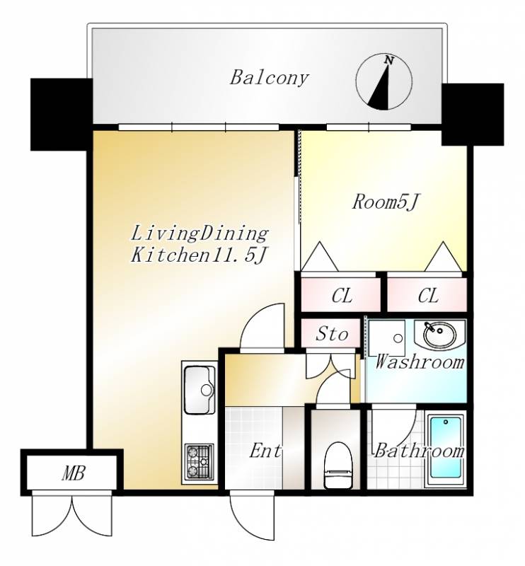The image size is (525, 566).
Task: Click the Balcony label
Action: pos(270,78)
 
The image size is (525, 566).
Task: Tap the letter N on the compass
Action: pos(388,60)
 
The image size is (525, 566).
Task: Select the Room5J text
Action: pos(385,202)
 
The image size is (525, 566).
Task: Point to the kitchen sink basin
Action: pos(199,390)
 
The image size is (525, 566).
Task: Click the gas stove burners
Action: pos(199,461)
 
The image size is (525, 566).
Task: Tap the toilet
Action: pos(337,465)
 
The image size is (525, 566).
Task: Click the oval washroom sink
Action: pos(439,335)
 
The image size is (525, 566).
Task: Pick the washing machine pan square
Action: pos(386,338)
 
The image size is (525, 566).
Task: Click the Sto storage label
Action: pos(332,334)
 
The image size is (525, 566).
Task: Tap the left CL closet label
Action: pos(342,296)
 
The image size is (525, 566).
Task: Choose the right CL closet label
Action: pos(428,296)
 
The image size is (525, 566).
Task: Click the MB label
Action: pos(74,473)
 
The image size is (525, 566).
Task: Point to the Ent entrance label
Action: pos(265,451)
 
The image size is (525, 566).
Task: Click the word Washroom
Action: pos(420,362)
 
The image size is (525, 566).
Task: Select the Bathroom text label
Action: pos(419,451)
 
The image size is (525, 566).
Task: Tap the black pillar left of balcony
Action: pos(62,114)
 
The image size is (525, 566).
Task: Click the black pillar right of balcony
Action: pos(473,115)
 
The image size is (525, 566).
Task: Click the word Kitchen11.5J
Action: pos(199,255)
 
